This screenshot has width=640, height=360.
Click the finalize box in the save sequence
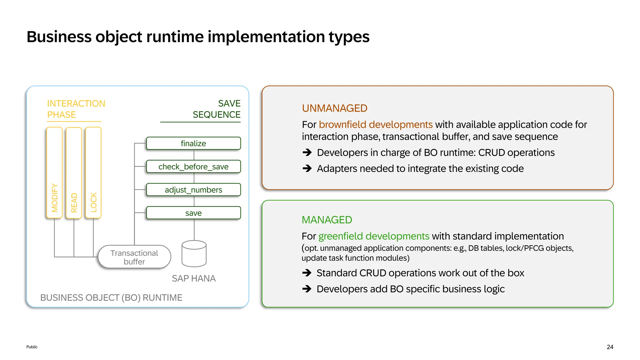coord(193,143)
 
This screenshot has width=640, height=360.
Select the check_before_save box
coord(193,167)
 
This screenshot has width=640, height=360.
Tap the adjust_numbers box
coord(193,190)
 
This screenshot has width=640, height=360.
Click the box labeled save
coord(193,213)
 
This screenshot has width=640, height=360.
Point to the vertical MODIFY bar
coord(54,172)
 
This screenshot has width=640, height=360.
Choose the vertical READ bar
coord(74,172)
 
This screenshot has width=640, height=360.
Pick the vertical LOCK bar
coord(93,172)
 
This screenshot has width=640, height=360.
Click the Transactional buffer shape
coord(134,257)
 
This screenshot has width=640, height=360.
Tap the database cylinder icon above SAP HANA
coord(194,254)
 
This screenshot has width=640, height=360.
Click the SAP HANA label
coord(194,278)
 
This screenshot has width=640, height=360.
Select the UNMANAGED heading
coord(334,108)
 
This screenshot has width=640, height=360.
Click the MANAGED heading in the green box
coord(327,220)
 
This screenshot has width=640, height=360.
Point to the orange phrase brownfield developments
coord(376,124)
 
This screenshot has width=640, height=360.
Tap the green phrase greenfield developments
coord(374,236)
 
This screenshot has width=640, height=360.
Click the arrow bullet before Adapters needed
coord(307,168)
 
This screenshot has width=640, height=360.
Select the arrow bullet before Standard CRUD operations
coord(307,273)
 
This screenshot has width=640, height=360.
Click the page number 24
coord(610,347)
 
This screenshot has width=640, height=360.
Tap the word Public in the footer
coord(32,347)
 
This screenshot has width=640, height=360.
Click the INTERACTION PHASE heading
coord(76,109)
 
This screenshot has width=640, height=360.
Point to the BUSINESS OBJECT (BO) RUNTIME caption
coord(111,297)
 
